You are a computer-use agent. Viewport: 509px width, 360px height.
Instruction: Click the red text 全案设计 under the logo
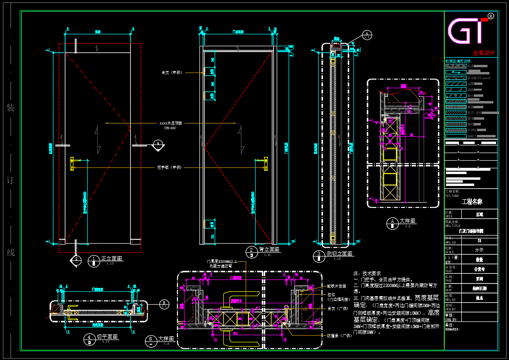[484, 53]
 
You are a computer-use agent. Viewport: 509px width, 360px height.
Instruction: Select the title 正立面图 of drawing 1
[112, 258]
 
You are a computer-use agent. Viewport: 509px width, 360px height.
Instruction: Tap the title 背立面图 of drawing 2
[269, 249]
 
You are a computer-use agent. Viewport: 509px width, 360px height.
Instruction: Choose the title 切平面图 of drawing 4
[107, 337]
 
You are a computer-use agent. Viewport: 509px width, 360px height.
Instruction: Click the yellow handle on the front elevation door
[72, 164]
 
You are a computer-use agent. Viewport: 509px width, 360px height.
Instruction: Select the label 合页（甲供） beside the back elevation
[172, 72]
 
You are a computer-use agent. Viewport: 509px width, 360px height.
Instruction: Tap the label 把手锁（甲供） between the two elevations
[170, 167]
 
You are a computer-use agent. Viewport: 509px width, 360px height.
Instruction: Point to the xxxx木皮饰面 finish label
[170, 123]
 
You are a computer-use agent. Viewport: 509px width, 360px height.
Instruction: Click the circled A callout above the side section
[367, 34]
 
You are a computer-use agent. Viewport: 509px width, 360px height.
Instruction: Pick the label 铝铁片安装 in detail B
[336, 286]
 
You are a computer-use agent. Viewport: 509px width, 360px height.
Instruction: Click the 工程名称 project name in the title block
[472, 202]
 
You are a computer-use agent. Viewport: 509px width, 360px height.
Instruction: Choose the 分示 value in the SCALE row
[479, 249]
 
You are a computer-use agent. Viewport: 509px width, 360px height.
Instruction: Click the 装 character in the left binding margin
[10, 108]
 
